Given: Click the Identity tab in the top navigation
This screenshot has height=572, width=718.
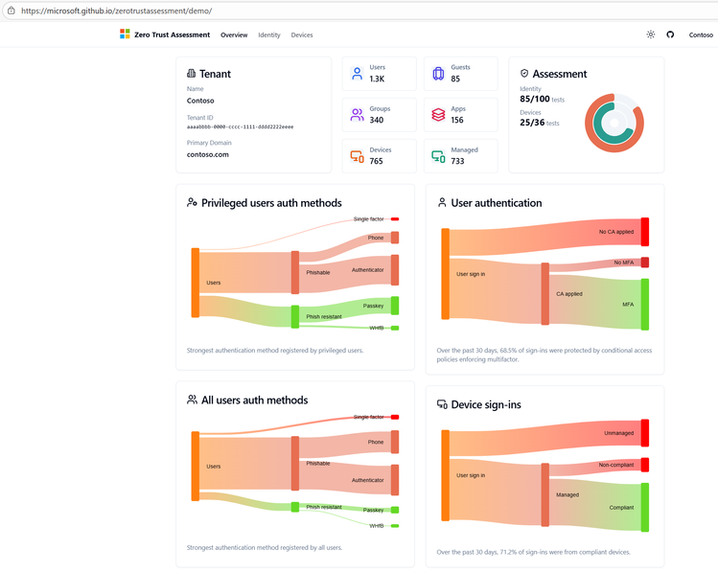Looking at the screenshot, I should coord(269,34).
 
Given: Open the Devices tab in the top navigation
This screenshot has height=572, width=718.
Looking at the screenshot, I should coord(302,34).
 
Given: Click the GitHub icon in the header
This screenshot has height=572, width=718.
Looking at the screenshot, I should coord(670,34).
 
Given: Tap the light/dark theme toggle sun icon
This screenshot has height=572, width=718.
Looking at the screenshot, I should coord(651,34).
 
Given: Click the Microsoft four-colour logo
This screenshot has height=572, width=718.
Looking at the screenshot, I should coord(125,34).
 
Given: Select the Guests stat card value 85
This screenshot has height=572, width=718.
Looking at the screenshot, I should coord(455,79).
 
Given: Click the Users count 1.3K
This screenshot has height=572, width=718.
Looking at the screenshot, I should coord(377,79).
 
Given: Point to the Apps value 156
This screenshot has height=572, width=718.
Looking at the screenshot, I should coord(457,120).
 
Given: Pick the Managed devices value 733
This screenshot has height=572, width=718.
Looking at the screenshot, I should coord(457,161).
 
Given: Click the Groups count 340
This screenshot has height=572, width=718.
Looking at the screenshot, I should coord(377,120).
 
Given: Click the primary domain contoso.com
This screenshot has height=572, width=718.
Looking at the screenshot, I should coord(208,154).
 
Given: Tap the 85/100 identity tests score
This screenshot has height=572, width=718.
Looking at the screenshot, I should coord(535,99).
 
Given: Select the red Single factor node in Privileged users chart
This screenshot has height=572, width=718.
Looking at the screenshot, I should coord(394,218).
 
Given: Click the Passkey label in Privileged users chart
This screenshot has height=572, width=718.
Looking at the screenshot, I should coord(373,306).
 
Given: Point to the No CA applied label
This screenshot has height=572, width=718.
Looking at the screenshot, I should coord(615,232).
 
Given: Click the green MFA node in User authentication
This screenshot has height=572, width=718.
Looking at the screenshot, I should coord(645,304).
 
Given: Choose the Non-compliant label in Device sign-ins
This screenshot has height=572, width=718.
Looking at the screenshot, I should coord(616,465).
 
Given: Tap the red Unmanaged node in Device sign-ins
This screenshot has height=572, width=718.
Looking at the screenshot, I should coord(645,432).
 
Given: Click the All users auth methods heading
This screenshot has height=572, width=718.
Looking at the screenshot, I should coord(254,400).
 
